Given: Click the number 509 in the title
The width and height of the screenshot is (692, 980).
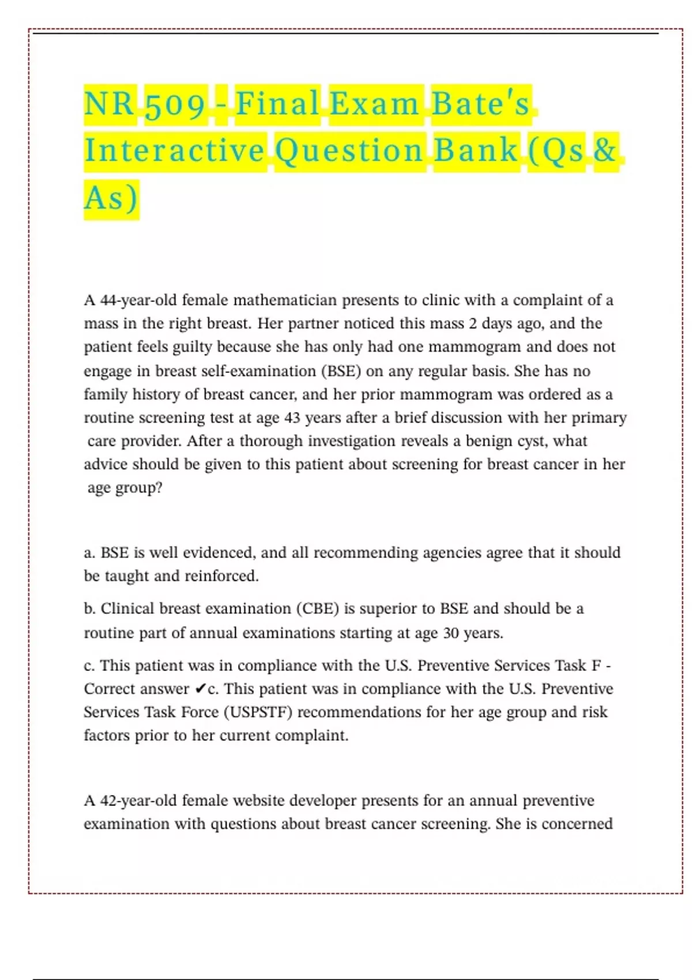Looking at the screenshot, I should click(175, 105).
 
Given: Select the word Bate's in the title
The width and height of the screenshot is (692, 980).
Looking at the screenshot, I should click(480, 104).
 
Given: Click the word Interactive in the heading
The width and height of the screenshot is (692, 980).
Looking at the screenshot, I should click(174, 151).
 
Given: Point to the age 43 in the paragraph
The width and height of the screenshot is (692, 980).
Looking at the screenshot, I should click(292, 417).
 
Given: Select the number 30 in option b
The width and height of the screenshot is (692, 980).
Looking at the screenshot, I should click(451, 633).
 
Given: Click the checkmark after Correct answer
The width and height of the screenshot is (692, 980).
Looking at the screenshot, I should click(200, 689).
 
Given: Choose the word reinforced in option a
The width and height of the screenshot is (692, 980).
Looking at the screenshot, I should click(221, 576).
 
